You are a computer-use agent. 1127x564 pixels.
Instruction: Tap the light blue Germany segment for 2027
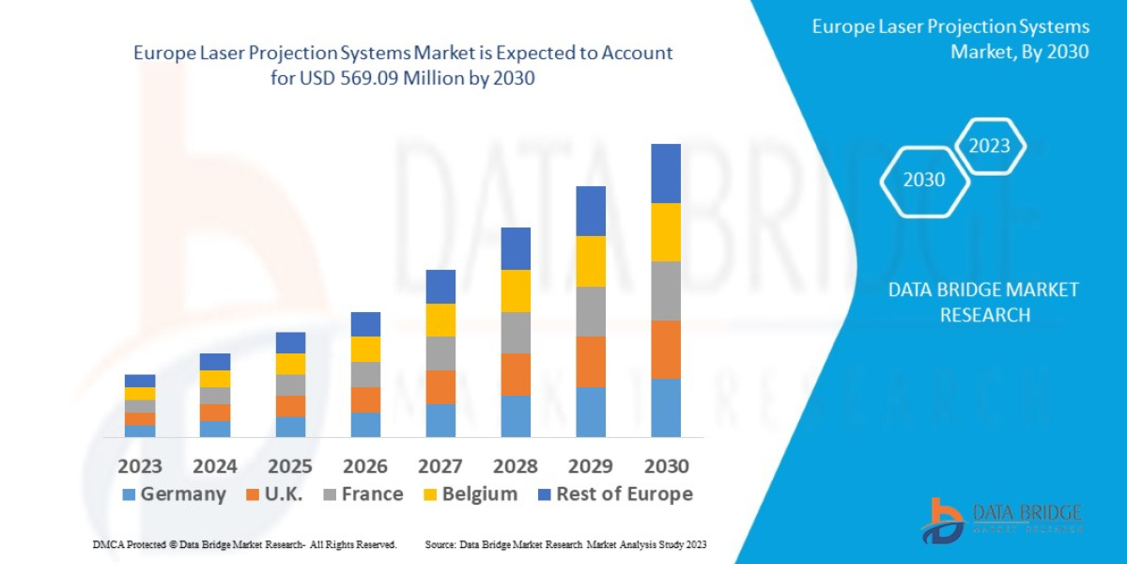[440, 420]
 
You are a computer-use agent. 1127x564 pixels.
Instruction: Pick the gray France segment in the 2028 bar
[516, 333]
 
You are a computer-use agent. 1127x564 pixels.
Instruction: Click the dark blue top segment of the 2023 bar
[140, 381]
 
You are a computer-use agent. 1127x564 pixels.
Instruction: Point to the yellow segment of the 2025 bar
[290, 364]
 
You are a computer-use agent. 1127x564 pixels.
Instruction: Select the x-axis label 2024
[215, 466]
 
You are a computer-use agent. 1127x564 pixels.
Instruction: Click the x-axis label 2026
[365, 466]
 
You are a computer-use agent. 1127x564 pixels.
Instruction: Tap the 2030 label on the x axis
[666, 466]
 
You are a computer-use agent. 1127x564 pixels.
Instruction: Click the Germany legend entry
[175, 494]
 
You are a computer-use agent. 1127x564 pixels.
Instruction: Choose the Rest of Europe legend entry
[614, 494]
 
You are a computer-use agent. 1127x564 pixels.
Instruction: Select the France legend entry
[362, 494]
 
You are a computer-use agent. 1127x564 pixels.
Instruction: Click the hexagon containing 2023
[989, 146]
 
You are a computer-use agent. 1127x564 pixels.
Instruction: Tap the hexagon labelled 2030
[924, 180]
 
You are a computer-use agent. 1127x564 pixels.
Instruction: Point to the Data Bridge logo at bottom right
[1001, 520]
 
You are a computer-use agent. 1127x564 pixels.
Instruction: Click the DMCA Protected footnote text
[244, 544]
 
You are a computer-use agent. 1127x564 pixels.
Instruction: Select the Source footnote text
[565, 544]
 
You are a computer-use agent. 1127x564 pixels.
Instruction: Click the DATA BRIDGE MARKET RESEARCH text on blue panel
[983, 302]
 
